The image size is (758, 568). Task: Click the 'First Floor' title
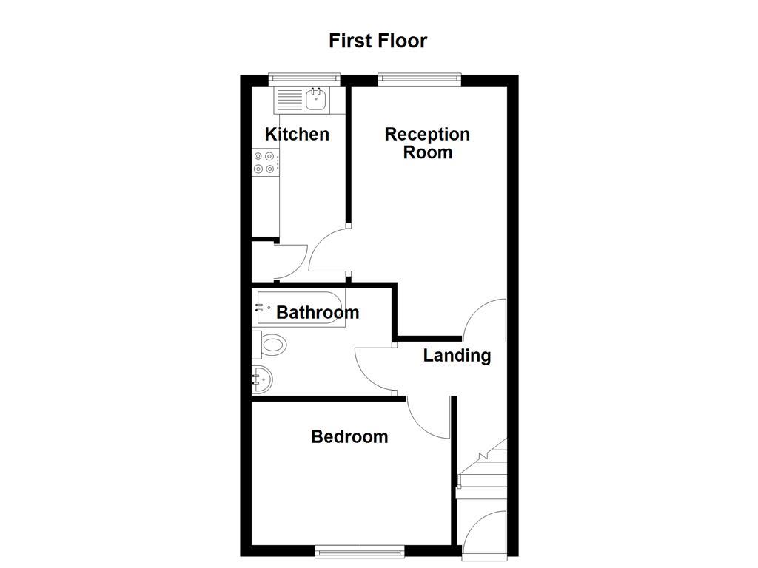click(x=378, y=40)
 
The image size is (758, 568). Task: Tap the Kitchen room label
click(x=297, y=134)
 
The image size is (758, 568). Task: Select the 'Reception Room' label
click(x=427, y=143)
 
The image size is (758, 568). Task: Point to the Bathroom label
click(x=318, y=312)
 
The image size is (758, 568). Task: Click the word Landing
click(x=457, y=355)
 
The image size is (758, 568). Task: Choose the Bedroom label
click(x=349, y=436)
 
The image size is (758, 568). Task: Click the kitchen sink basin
click(x=317, y=99)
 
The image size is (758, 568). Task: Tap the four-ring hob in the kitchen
click(x=266, y=163)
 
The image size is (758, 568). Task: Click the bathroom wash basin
click(x=263, y=379)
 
